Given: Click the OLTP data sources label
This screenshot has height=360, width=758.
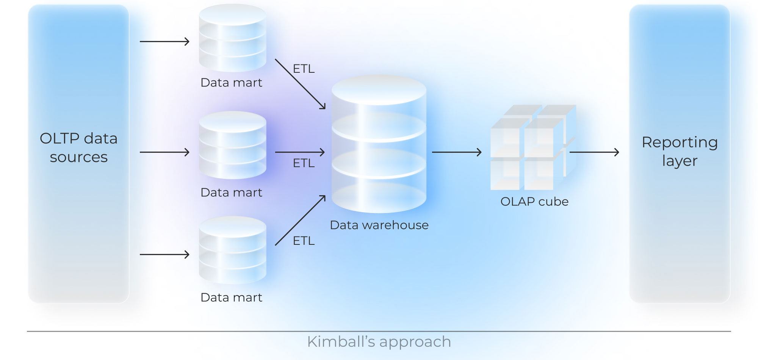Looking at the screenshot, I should [78, 148].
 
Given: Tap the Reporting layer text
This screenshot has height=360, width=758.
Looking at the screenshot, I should [680, 151].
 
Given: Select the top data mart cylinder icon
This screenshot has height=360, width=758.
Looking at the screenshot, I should [232, 38].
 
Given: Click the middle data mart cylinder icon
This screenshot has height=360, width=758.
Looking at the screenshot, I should [232, 145].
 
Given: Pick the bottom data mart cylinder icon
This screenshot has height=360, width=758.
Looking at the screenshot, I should [232, 250].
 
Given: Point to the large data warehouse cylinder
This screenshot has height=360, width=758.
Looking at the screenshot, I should [379, 144].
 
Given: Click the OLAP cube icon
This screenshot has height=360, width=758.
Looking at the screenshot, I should [532, 148].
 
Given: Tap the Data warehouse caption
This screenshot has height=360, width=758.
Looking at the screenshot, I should [379, 225].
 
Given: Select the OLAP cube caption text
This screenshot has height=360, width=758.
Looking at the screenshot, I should [534, 202].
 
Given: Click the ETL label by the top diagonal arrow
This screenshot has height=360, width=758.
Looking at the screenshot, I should [304, 69].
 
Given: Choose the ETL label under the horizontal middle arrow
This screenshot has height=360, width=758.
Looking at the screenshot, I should [304, 163].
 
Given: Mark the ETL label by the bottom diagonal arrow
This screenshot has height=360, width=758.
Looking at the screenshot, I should [304, 241].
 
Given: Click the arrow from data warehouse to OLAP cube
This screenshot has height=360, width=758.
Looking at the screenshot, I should [456, 152].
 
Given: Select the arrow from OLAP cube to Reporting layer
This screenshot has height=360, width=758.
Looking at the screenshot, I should [594, 152].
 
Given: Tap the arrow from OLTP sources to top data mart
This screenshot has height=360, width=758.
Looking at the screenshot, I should [164, 41].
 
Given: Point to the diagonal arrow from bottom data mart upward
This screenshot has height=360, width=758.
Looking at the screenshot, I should [300, 221].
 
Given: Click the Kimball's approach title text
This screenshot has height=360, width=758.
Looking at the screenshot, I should [379, 342].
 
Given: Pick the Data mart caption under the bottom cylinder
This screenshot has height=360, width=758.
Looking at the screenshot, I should [231, 297].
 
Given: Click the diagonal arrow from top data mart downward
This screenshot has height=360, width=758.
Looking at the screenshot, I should [300, 84].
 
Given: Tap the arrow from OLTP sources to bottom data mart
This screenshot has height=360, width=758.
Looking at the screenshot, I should [164, 254].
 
